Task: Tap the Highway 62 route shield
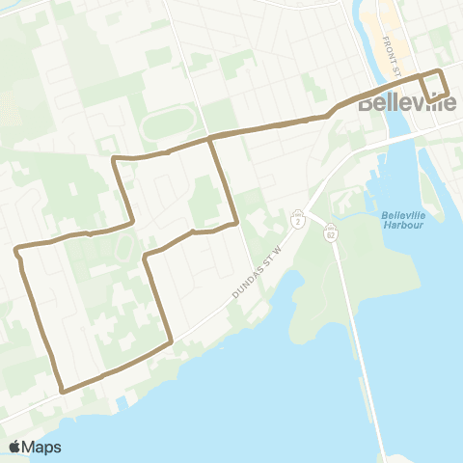click(x=330, y=236)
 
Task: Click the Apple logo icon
click(x=15, y=447)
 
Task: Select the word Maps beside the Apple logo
click(x=43, y=447)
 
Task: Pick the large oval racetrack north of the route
click(x=172, y=125)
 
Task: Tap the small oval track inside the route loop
click(x=123, y=250)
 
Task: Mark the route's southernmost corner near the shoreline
click(x=63, y=391)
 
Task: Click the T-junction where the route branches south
click(x=209, y=139)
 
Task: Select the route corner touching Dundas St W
click(x=171, y=340)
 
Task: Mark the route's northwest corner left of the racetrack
click(x=115, y=157)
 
